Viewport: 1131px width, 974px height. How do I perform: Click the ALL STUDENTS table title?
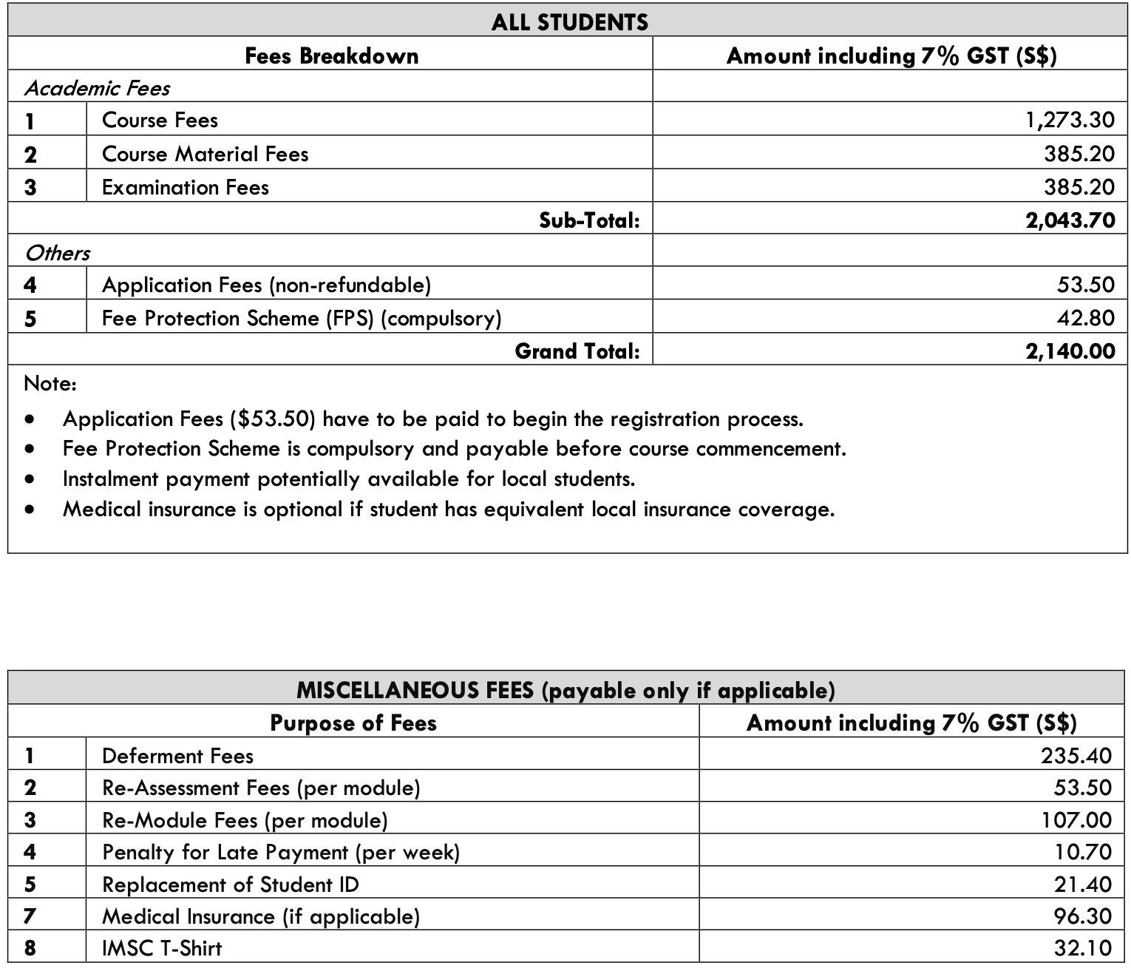tap(569, 22)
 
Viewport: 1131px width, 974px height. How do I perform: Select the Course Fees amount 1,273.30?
tap(1070, 120)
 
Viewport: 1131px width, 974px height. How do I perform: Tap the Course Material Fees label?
tap(205, 154)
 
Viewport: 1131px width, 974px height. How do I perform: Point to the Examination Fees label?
tap(185, 187)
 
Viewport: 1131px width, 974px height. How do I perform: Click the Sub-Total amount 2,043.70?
tap(1070, 220)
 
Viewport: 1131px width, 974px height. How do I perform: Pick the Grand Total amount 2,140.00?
tap(1070, 351)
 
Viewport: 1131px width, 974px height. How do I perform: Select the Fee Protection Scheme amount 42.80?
tap(1085, 318)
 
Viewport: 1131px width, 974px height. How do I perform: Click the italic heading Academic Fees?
tap(97, 89)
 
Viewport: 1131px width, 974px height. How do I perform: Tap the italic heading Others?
tap(57, 253)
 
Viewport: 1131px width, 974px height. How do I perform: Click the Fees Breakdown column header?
tap(331, 56)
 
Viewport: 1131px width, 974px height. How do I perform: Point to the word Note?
tap(50, 384)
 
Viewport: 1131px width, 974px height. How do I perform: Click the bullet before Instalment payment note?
tap(30, 479)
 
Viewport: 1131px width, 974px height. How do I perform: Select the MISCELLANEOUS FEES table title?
tap(565, 690)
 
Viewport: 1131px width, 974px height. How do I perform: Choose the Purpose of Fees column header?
tap(353, 723)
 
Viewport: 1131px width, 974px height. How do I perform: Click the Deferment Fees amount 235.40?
tap(1076, 755)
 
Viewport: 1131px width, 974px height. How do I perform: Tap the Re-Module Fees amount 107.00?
tap(1076, 819)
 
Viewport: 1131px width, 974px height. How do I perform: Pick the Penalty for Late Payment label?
tap(281, 852)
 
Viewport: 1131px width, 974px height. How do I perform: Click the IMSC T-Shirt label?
tap(162, 948)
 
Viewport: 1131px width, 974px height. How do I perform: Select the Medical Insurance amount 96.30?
tap(1082, 916)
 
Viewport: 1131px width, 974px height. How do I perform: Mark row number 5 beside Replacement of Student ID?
tap(30, 885)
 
